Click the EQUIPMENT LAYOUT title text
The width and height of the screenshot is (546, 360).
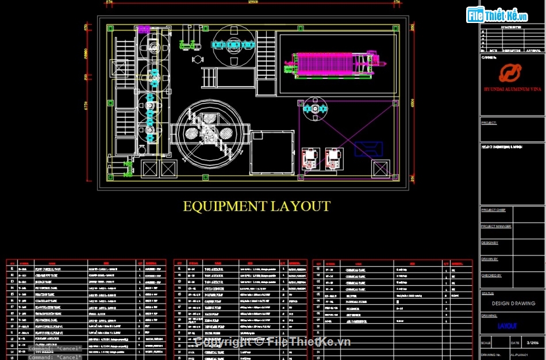click(x=256, y=206)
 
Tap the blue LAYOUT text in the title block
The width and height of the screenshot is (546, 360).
click(x=507, y=326)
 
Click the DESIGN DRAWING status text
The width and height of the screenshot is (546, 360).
click(x=513, y=303)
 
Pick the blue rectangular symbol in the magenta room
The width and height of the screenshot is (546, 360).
click(x=368, y=148)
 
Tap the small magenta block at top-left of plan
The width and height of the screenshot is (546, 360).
click(x=143, y=29)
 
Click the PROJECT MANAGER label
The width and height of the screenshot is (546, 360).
click(x=495, y=227)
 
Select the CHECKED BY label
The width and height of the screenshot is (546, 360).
click(x=491, y=275)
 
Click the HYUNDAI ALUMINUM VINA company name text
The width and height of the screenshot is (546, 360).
click(x=513, y=90)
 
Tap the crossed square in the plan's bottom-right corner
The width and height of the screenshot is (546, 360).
click(x=380, y=168)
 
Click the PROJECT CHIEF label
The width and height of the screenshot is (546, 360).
click(x=493, y=210)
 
